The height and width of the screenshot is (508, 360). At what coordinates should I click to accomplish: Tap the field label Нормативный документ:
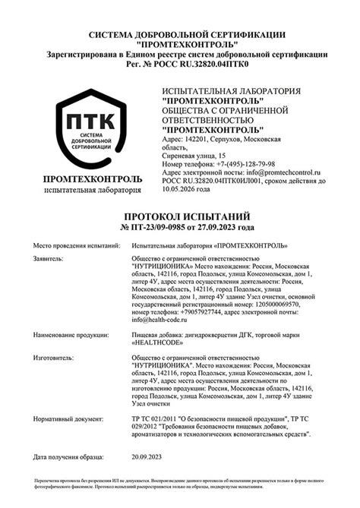[x=68, y=418]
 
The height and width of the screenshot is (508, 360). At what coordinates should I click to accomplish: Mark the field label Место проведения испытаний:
[x=77, y=246]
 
